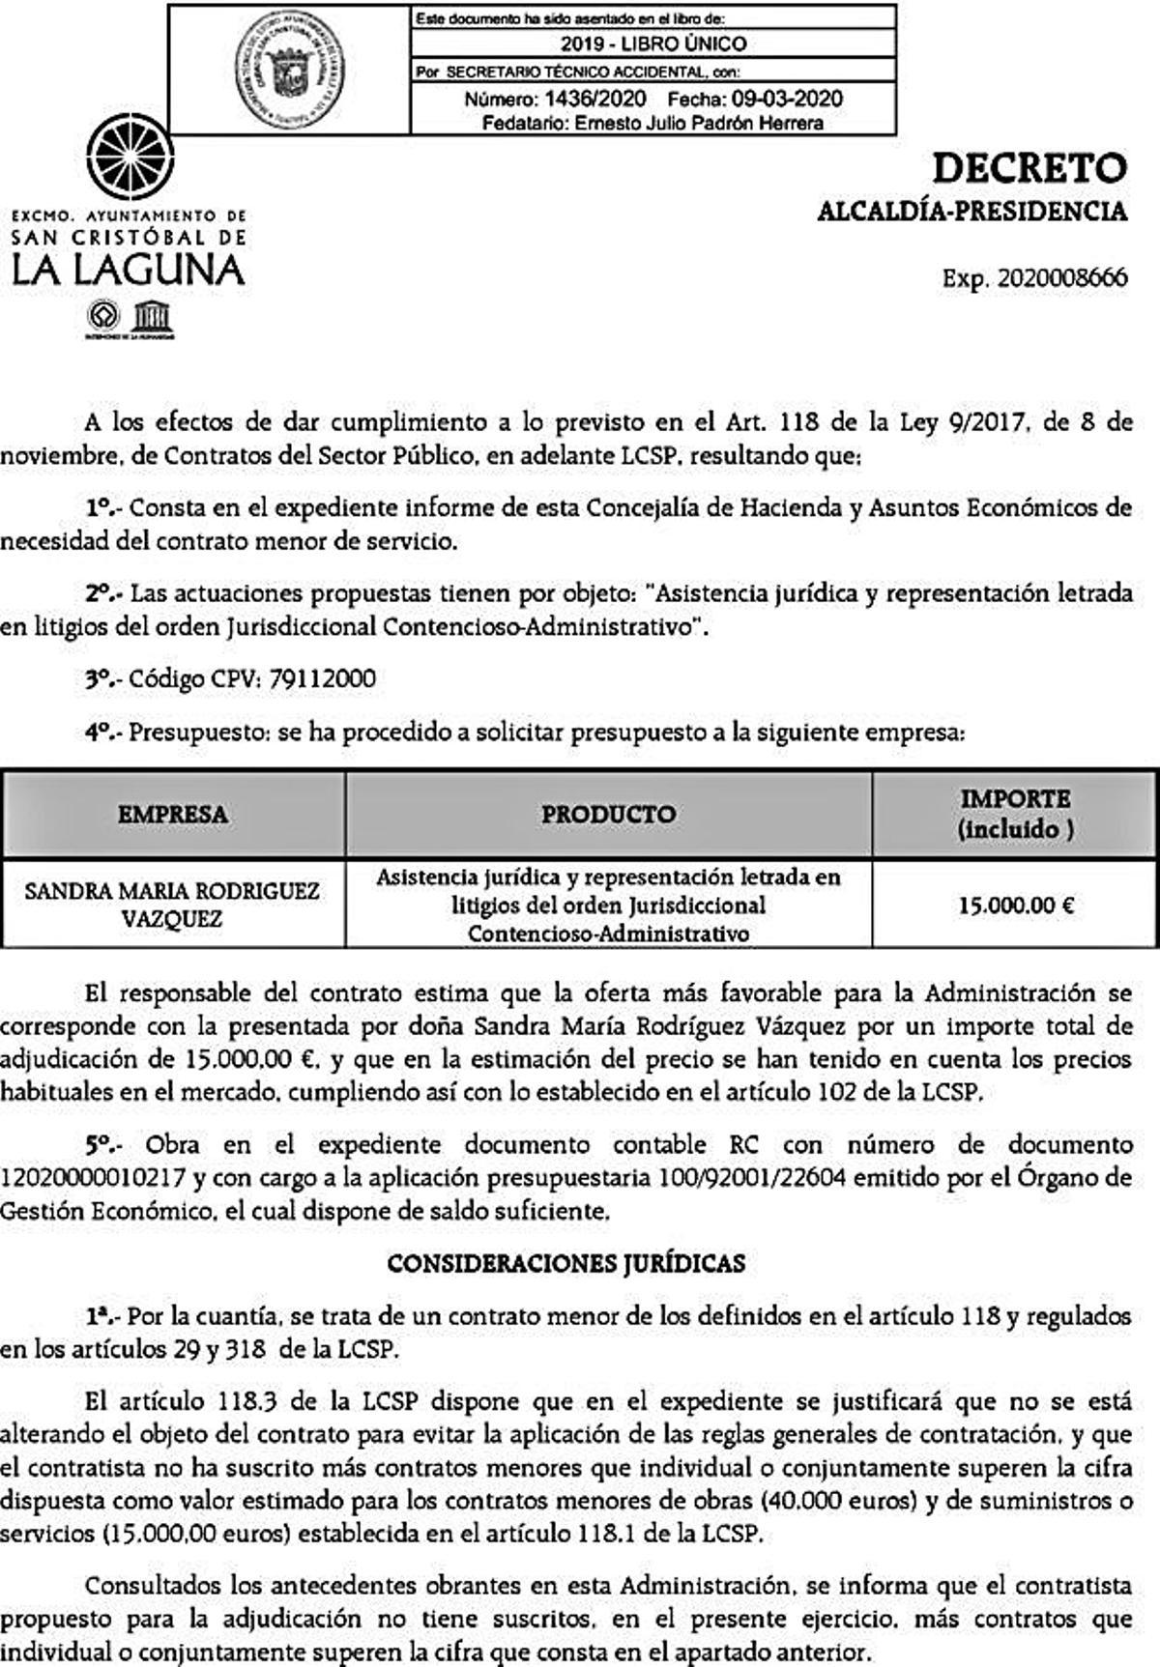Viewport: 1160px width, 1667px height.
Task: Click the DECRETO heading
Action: point(1029,168)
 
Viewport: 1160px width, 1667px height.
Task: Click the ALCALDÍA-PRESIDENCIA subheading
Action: point(971,212)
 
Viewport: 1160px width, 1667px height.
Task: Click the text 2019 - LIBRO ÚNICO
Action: point(653,43)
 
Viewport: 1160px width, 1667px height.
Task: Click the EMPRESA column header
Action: point(173,814)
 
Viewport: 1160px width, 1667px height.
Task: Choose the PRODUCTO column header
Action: point(608,814)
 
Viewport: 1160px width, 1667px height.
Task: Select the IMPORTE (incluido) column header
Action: point(1015,814)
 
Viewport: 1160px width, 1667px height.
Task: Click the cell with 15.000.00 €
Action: point(1016,906)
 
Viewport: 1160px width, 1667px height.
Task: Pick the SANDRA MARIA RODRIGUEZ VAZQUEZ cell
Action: point(172,905)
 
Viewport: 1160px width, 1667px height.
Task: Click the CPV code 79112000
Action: point(322,679)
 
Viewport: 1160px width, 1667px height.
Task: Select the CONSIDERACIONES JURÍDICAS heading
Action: point(565,1264)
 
